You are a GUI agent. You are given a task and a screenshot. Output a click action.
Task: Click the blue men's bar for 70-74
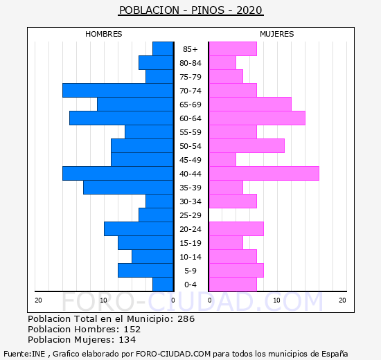coord(118,91)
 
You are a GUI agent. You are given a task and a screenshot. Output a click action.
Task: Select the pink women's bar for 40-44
coord(264,174)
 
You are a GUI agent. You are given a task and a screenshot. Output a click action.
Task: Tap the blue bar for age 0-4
coord(163,285)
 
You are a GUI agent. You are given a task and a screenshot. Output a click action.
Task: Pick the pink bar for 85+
coord(233,49)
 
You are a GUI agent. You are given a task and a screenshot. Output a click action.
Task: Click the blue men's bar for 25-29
coord(156,215)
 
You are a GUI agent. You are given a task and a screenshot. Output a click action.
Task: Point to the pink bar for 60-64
coord(257,118)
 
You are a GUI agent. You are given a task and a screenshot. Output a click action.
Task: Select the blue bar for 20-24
coord(139,229)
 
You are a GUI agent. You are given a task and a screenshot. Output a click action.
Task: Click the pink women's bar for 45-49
coord(222,160)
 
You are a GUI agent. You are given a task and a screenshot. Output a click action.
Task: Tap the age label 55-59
coord(190,132)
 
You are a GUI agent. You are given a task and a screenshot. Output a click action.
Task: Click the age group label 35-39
coord(190,188)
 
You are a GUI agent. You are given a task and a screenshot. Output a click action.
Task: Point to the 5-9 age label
coord(190,271)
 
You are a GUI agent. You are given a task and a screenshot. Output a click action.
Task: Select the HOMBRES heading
coord(103,34)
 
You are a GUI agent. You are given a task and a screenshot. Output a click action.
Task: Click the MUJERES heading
coord(277,34)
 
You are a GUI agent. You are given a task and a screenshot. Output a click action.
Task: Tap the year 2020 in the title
coord(249,10)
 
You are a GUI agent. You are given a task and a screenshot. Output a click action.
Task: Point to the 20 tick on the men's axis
coord(38,300)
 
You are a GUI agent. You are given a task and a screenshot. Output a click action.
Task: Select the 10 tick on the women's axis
coord(277,300)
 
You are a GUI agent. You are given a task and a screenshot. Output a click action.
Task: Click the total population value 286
coord(186,318)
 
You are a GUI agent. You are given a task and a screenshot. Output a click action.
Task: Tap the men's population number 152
coord(132,329)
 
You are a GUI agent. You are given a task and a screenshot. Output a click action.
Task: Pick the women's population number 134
coord(127,340)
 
